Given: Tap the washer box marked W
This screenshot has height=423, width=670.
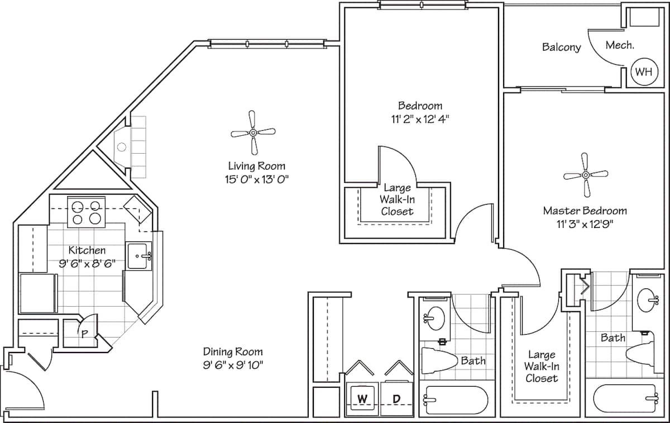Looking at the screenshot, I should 362,399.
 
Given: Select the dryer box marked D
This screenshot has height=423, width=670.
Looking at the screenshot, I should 396,399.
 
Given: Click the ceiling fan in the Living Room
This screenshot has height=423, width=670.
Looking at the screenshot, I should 253,132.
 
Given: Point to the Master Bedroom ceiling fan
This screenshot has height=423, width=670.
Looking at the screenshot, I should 585,175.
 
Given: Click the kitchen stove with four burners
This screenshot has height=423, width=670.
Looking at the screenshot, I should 87,212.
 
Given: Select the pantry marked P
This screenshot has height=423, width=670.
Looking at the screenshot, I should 84,334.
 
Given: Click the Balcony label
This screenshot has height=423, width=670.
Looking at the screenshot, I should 561,47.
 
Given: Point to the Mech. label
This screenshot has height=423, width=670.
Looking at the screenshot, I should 619,46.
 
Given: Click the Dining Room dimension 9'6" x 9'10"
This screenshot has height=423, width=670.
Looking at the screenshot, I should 233,365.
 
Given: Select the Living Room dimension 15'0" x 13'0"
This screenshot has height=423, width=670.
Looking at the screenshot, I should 256,179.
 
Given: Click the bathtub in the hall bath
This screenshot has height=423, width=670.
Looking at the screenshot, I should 456,400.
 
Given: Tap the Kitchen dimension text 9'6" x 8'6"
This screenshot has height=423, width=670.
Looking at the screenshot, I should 87,263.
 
